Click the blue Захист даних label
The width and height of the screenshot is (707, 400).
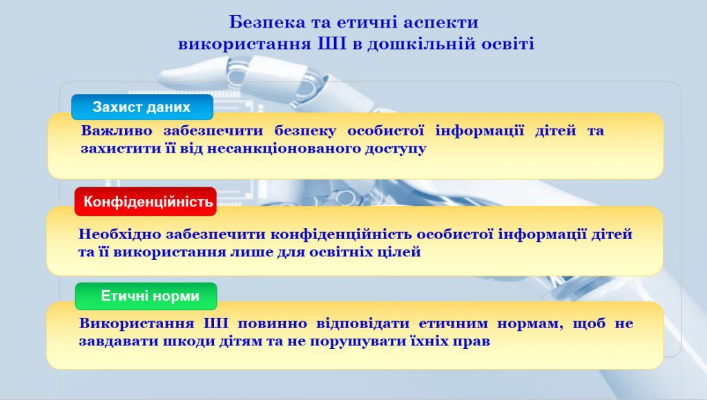(142, 107)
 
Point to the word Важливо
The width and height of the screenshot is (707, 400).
(115, 131)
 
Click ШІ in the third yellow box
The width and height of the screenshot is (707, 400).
(216, 323)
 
